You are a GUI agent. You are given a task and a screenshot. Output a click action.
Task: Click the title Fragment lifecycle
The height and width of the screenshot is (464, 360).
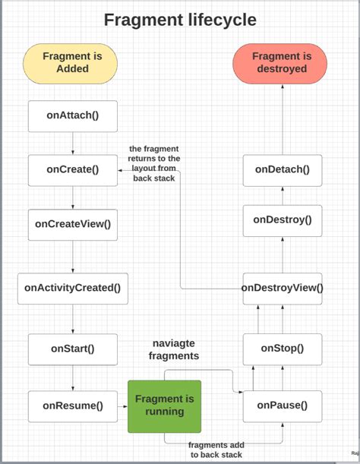tap(180, 19)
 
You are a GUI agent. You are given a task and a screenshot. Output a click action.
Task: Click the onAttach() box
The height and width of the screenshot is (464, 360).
tap(73, 116)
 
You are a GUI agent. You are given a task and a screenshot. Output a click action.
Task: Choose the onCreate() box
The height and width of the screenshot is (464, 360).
tap(73, 169)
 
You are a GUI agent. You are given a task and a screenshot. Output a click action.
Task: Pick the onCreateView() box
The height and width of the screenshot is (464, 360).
tap(73, 223)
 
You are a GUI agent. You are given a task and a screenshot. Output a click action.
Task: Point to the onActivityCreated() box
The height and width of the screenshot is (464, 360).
tap(73, 287)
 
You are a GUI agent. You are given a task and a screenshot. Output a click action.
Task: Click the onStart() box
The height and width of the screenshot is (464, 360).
tap(73, 349)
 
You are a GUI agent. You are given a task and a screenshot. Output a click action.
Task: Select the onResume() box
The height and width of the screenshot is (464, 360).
tap(73, 406)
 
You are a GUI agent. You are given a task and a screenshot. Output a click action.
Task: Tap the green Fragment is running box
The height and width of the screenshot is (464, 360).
tap(164, 406)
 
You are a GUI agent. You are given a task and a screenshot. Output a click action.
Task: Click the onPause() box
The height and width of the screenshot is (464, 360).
tap(283, 406)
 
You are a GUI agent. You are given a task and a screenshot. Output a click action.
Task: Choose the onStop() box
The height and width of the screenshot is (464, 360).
tap(283, 349)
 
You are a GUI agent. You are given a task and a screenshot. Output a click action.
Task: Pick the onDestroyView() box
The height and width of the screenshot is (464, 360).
tap(283, 288)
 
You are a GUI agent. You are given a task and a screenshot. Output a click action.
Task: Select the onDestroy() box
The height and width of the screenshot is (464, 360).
tap(283, 219)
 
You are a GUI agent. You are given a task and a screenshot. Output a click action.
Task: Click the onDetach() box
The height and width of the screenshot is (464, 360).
tap(283, 169)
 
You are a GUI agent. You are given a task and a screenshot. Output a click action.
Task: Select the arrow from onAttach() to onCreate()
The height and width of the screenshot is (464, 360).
tap(73, 143)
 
